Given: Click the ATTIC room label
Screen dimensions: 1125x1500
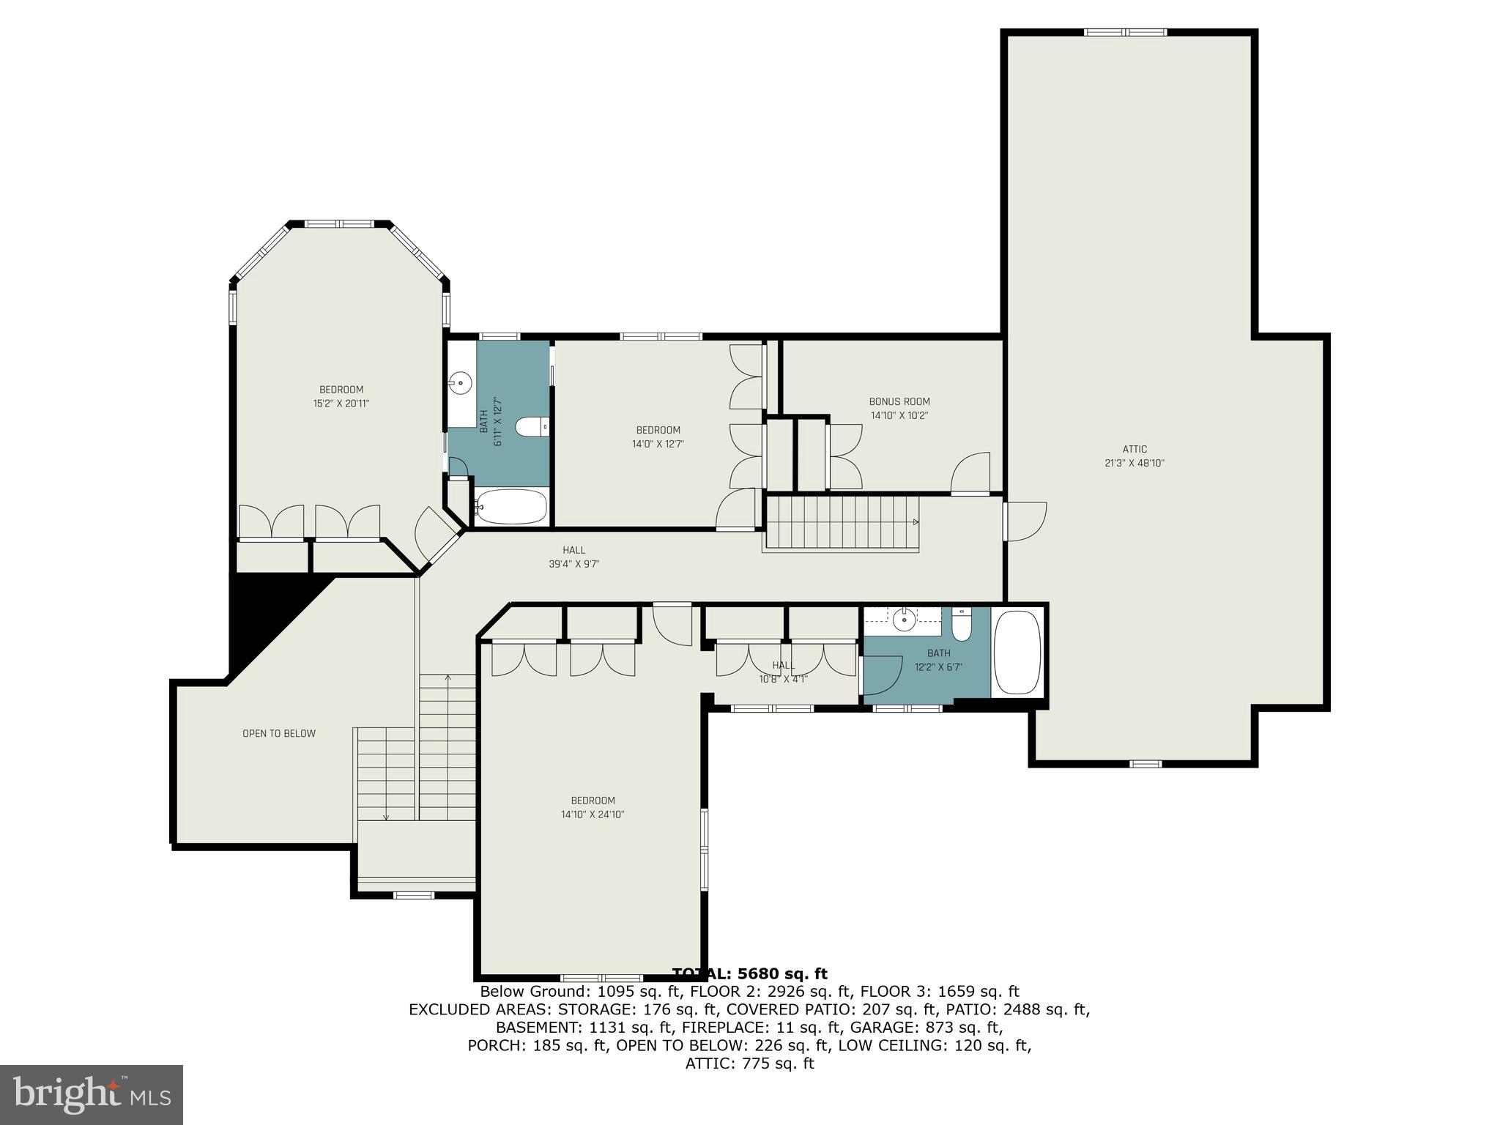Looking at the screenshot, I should pyautogui.click(x=1134, y=449).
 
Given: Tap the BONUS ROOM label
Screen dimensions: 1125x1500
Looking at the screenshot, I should pyautogui.click(x=899, y=401).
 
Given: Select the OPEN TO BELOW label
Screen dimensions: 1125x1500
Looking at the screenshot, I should pyautogui.click(x=279, y=733).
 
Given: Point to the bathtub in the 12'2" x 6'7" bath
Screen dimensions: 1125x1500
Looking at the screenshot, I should pyautogui.click(x=1016, y=652).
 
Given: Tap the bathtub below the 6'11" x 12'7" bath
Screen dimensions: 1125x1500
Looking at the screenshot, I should pyautogui.click(x=511, y=507).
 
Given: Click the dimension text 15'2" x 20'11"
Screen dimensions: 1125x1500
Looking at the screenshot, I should pyautogui.click(x=341, y=403).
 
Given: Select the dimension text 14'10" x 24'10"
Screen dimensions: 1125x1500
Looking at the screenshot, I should pyautogui.click(x=593, y=814).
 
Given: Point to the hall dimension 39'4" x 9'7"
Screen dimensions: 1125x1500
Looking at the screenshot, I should pyautogui.click(x=574, y=564).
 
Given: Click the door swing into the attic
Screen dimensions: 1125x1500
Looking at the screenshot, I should pyautogui.click(x=1025, y=521).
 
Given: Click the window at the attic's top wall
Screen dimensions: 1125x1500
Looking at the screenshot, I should pyautogui.click(x=1125, y=32).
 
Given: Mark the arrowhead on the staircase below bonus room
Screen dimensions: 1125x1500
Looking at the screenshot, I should pyautogui.click(x=916, y=522).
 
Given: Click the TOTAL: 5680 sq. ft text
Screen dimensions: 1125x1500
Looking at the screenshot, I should pyautogui.click(x=749, y=973).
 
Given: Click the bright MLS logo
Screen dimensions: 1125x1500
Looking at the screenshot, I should pyautogui.click(x=92, y=1094).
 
